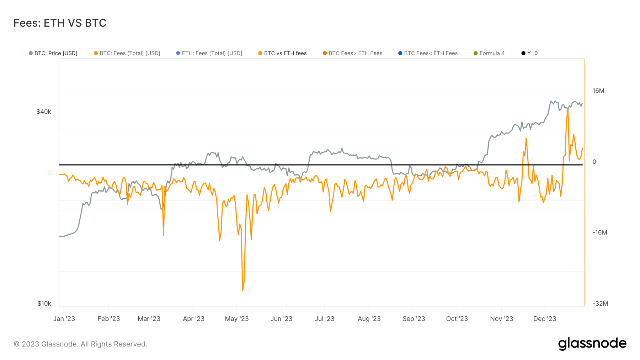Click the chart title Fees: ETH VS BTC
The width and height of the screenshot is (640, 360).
[60, 23]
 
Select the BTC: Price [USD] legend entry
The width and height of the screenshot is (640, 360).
[53, 53]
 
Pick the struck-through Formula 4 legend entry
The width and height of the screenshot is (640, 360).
[489, 53]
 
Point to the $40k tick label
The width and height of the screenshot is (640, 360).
[44, 112]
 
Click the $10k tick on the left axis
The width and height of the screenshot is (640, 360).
[44, 303]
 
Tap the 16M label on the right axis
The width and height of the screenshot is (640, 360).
[598, 91]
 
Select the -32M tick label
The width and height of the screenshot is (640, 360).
[600, 303]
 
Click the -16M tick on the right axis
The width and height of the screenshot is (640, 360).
[600, 232]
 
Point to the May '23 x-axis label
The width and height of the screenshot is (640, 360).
[237, 319]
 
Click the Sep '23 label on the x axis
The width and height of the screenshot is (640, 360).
[414, 319]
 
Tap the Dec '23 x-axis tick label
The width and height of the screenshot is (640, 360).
[544, 319]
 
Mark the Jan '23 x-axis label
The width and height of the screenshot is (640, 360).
[64, 319]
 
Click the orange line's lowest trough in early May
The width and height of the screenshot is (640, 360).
[243, 290]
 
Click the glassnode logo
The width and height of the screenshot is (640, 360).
[592, 344]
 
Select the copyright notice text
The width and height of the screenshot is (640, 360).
[80, 344]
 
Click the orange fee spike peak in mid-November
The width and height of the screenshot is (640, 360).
[526, 139]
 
